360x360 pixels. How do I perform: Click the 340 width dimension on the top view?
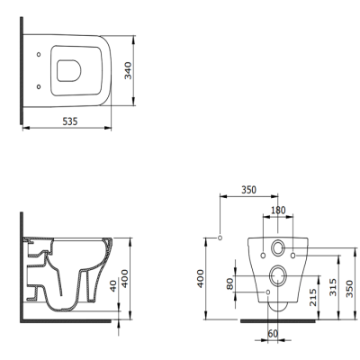click(129, 72)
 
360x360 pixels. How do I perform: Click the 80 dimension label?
click(231, 283)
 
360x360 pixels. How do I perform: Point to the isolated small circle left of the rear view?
click(220, 238)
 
